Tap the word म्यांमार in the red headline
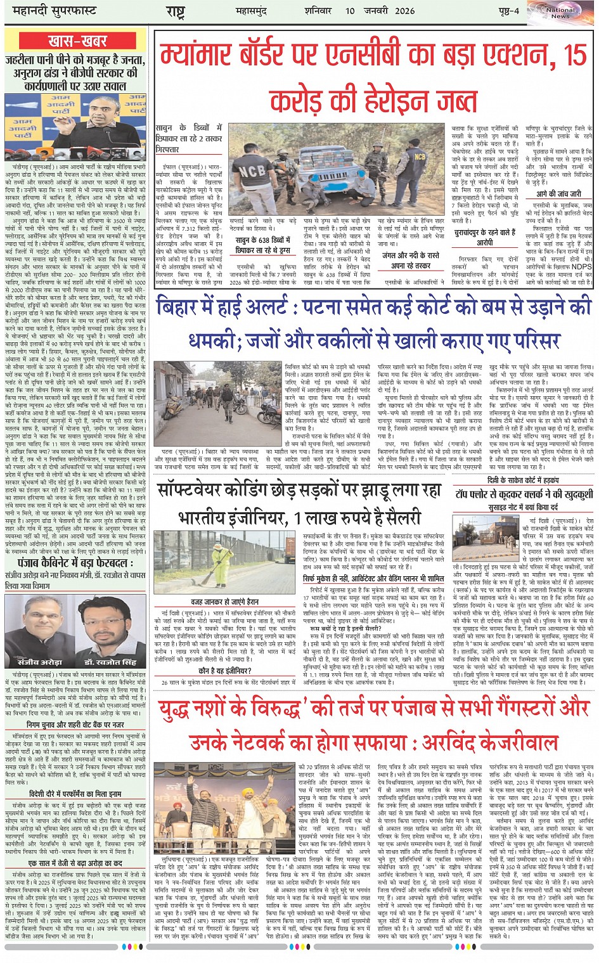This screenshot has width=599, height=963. [209, 56]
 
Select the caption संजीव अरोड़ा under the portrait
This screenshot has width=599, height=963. [39, 661]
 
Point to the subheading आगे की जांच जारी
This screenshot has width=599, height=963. [558, 194]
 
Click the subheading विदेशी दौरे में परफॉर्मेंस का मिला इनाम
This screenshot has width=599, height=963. [75, 794]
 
